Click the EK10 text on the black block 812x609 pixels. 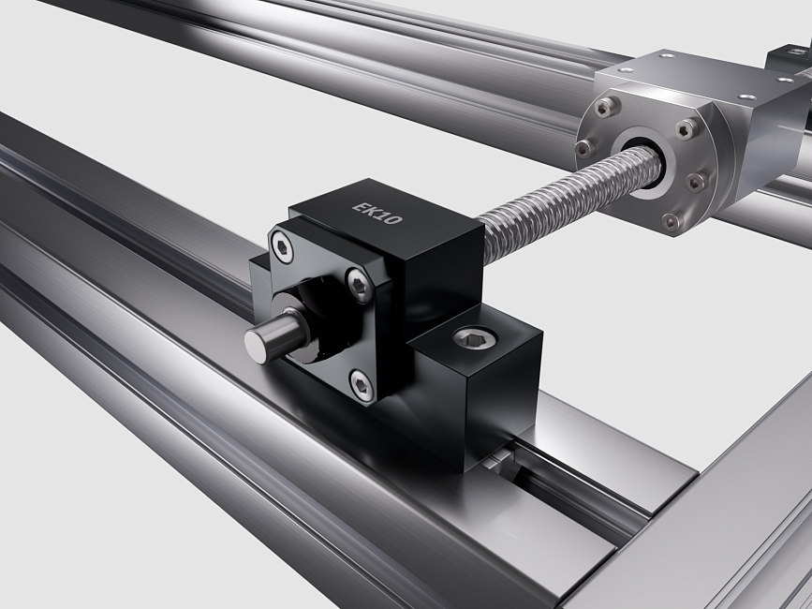[377, 213]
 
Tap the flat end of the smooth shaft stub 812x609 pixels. [256, 346]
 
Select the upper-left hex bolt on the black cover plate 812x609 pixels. [282, 247]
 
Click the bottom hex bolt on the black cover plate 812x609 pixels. [361, 385]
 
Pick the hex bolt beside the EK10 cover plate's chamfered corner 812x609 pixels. [359, 284]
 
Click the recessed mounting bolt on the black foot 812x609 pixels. [475, 338]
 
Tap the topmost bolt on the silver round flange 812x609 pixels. [606, 107]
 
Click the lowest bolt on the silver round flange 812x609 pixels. [672, 221]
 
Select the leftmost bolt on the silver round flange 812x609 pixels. [584, 148]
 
